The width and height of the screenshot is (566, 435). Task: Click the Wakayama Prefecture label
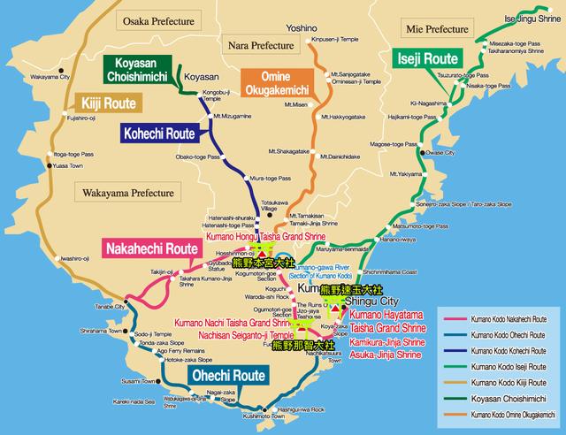tap(129, 192)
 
